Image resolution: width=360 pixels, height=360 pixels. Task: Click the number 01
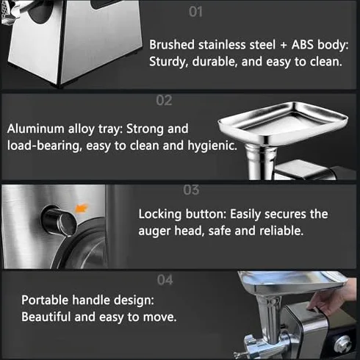195,12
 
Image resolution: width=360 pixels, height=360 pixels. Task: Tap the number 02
164,101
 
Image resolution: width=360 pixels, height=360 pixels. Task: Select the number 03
191,190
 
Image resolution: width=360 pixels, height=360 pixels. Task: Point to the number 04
165,280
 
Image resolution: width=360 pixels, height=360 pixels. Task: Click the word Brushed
172,45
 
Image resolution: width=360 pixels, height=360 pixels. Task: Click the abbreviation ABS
303,45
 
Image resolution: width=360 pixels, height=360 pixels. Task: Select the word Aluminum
36,129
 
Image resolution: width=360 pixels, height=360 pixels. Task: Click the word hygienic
212,145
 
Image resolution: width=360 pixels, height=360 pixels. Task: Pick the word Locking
160,215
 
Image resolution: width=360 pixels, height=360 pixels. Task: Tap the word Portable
45,300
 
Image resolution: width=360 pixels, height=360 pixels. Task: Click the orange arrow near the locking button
81,209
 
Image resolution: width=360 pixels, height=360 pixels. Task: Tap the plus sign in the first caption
284,46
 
